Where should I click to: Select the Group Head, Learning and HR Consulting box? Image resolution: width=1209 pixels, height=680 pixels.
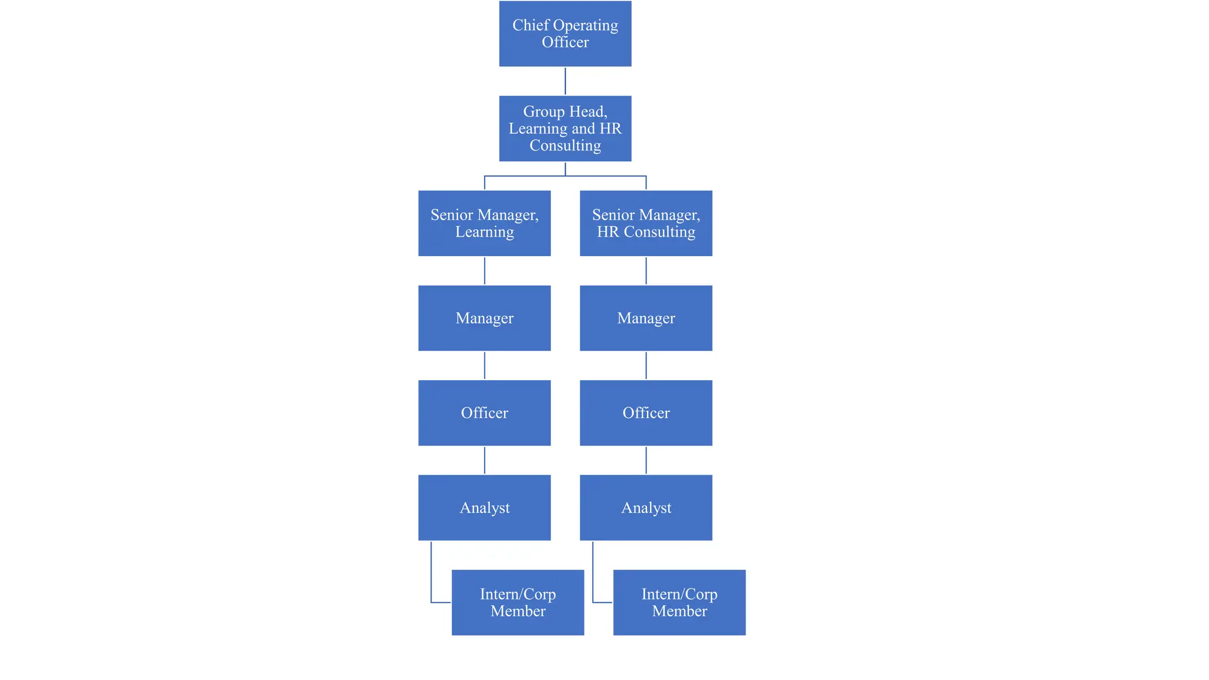[565, 128]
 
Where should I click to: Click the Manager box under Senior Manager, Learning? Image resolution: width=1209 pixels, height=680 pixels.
[484, 318]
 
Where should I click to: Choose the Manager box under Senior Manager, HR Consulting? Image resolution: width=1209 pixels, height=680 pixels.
[646, 318]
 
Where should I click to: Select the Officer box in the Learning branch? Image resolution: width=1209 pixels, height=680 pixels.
[484, 413]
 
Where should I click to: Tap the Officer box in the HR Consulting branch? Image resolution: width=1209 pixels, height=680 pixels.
[646, 413]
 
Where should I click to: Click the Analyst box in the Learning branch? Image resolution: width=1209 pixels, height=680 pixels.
[484, 507]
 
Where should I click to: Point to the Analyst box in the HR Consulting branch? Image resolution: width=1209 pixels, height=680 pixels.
[646, 507]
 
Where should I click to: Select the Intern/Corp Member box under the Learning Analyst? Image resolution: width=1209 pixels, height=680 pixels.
[518, 602]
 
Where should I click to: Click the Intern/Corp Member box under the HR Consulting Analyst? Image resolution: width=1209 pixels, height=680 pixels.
[679, 602]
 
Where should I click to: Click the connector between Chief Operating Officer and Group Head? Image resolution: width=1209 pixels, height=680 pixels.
[565, 81]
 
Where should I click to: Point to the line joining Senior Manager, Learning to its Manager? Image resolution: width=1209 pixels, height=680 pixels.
[485, 270]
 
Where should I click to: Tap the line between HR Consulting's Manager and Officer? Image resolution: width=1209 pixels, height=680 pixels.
[646, 365]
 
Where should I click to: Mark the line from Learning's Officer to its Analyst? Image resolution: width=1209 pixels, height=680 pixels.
[485, 460]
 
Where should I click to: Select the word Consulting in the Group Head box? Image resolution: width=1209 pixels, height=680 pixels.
[565, 146]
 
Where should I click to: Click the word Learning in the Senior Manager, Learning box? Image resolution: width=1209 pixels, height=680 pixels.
[484, 232]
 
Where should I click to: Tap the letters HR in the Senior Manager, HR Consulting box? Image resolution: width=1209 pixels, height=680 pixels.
[607, 232]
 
